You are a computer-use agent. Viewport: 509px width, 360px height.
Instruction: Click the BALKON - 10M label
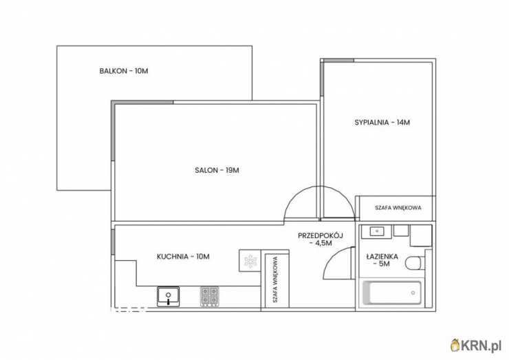pos(124,71)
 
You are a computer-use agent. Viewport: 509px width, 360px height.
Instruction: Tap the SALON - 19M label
pos(217,170)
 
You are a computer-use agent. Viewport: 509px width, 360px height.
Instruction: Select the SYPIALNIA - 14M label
pos(382,123)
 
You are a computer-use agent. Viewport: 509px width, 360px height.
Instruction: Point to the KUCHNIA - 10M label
pos(183,257)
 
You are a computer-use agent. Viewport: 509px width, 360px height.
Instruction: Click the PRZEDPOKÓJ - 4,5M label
pos(321,239)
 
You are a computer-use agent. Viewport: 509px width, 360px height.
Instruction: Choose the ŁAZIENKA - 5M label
pos(382,260)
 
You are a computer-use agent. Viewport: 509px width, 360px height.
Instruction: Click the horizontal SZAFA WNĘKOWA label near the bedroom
pos(398,208)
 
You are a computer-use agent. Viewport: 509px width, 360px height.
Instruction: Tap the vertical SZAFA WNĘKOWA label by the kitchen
pos(275,279)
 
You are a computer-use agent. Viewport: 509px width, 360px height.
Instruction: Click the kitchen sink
pos(168,296)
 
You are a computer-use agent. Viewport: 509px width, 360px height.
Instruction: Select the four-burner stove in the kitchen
pos(209,296)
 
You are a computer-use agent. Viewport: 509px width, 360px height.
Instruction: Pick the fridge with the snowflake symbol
pos(250,261)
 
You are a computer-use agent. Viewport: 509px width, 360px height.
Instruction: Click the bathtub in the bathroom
pos(392,293)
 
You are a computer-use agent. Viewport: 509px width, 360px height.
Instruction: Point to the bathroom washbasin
pos(376,232)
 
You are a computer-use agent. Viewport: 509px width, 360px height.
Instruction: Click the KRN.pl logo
pos(476,346)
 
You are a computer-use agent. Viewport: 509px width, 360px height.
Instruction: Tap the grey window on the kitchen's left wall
pos(113,242)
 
